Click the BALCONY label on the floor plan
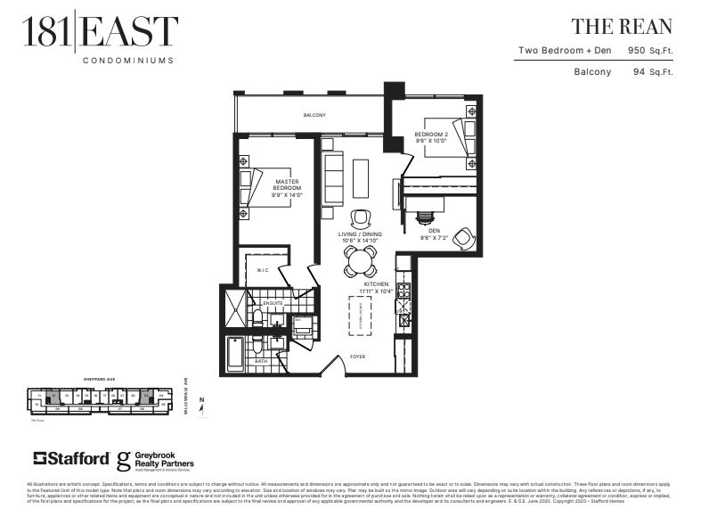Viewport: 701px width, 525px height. pos(314,115)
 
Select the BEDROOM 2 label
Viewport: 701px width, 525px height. pos(431,136)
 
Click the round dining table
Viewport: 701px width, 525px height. pos(359,261)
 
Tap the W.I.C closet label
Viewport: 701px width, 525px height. pos(263,271)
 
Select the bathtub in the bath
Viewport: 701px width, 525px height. pos(237,352)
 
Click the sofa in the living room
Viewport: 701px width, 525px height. pos(334,178)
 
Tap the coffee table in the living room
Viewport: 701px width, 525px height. pos(361,178)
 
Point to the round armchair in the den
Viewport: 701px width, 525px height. pos(463,238)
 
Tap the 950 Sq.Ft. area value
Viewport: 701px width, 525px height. pos(651,51)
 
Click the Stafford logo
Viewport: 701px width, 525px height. pos(71,458)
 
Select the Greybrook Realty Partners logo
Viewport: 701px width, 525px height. pos(156,460)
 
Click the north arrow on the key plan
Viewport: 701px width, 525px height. pos(202,406)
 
